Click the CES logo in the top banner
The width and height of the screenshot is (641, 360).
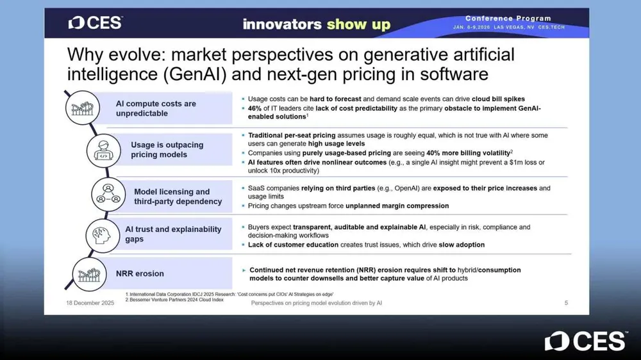click(x=96, y=23)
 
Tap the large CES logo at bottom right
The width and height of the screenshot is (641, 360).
click(x=586, y=341)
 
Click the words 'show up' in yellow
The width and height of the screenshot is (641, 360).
click(x=358, y=24)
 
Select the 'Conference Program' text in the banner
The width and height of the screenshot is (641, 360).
click(x=508, y=19)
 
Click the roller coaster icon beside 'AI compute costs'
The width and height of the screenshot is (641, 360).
click(x=83, y=108)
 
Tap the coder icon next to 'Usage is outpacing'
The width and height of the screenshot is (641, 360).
click(x=103, y=151)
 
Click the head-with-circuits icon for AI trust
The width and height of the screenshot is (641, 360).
click(x=103, y=236)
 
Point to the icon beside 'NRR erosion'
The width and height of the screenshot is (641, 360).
click(x=89, y=274)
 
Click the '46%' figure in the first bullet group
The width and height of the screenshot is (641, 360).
click(x=254, y=108)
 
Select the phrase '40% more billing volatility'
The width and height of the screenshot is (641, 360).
click(x=468, y=153)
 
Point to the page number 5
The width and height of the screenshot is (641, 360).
click(x=566, y=303)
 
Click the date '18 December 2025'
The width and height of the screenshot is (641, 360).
click(x=90, y=303)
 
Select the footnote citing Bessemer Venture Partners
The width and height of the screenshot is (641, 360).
click(x=174, y=300)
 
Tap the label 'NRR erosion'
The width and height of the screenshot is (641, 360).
click(x=140, y=274)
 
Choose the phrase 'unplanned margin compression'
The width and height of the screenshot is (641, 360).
click(x=397, y=206)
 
